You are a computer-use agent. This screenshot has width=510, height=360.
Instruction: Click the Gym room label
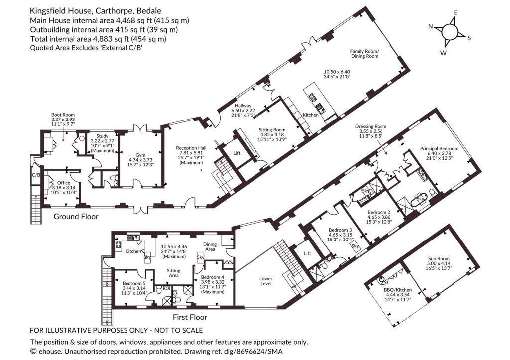pyautogui.click(x=140, y=155)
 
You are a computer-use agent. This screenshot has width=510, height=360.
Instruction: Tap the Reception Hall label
pyautogui.click(x=191, y=148)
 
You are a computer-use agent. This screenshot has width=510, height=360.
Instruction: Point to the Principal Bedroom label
pyautogui.click(x=439, y=148)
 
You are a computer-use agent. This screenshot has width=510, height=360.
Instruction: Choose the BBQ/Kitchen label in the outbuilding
pyautogui.click(x=398, y=290)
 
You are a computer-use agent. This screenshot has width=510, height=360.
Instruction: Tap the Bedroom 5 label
pyautogui.click(x=134, y=283)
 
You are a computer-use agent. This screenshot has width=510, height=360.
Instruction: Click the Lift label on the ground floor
pyautogui.click(x=237, y=153)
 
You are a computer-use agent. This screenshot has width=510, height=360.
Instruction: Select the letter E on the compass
pyautogui.click(x=456, y=13)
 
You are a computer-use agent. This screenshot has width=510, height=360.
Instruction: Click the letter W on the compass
pyautogui.click(x=444, y=53)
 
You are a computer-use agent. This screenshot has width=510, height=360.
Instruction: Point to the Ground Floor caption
pyautogui.click(x=76, y=216)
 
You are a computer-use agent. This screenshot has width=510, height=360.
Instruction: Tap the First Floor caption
pyautogui.click(x=190, y=317)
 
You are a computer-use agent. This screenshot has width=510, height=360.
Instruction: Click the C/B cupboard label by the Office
pyautogui.click(x=36, y=175)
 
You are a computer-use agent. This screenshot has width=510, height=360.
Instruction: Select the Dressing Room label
pyautogui.click(x=371, y=126)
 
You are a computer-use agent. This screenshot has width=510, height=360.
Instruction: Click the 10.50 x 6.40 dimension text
pyautogui.click(x=337, y=72)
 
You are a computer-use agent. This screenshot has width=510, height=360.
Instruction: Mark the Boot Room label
pyautogui.click(x=63, y=115)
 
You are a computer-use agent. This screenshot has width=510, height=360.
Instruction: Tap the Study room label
pyautogui.click(x=102, y=136)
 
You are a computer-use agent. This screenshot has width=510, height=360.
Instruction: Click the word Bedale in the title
pyautogui.click(x=149, y=11)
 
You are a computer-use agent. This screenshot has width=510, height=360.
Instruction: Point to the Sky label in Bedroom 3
pyautogui.click(x=355, y=246)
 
